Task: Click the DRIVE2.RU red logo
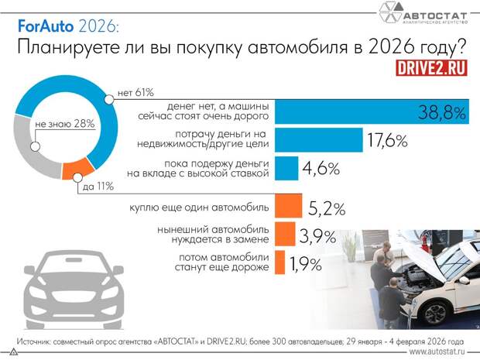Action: pyautogui.click(x=430, y=67)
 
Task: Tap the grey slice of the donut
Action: pyautogui.click(x=38, y=152)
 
